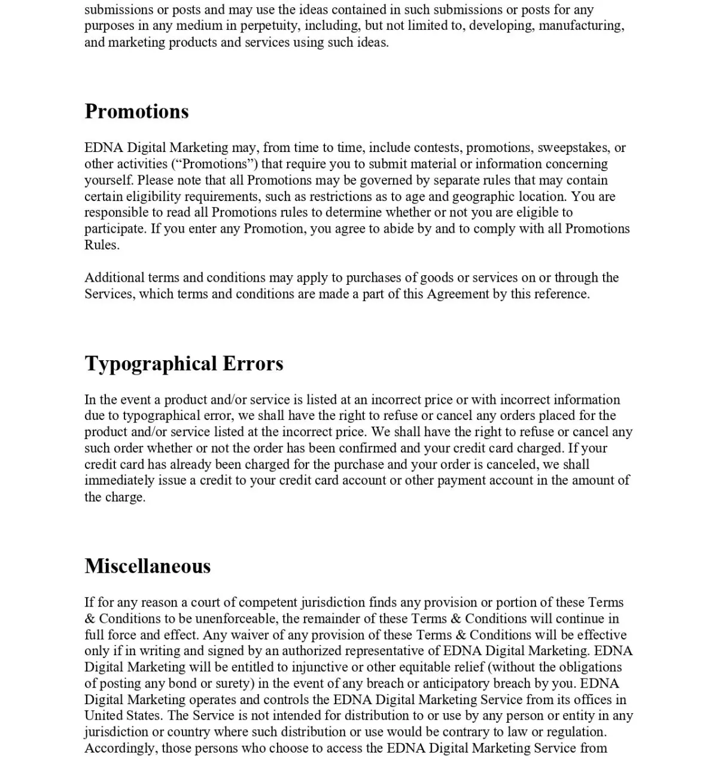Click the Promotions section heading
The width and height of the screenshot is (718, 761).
click(x=136, y=111)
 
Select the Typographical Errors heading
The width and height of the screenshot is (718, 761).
click(x=184, y=364)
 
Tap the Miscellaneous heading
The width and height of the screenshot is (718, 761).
click(x=147, y=566)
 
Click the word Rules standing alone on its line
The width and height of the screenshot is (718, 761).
click(x=102, y=245)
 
